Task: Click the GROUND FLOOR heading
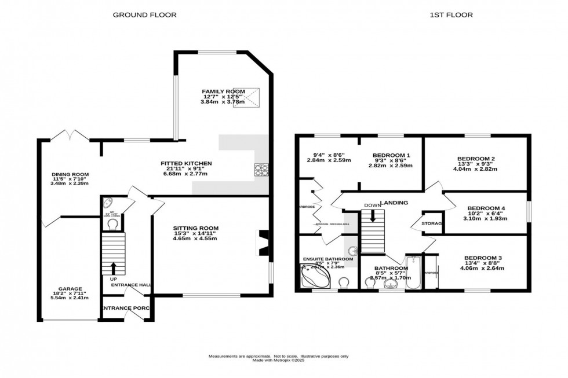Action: pos(144,14)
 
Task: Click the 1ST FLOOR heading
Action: pos(444,14)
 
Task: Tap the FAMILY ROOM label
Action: pos(223,91)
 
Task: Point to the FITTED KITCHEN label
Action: pos(186,164)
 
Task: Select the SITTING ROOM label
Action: pos(195,228)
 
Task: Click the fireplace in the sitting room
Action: pos(264,243)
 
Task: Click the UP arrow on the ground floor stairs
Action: pos(113,267)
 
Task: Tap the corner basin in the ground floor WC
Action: pos(108,204)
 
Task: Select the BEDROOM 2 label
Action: pos(475,159)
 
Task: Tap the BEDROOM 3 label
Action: pos(483,258)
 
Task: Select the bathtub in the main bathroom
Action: pos(414,272)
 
